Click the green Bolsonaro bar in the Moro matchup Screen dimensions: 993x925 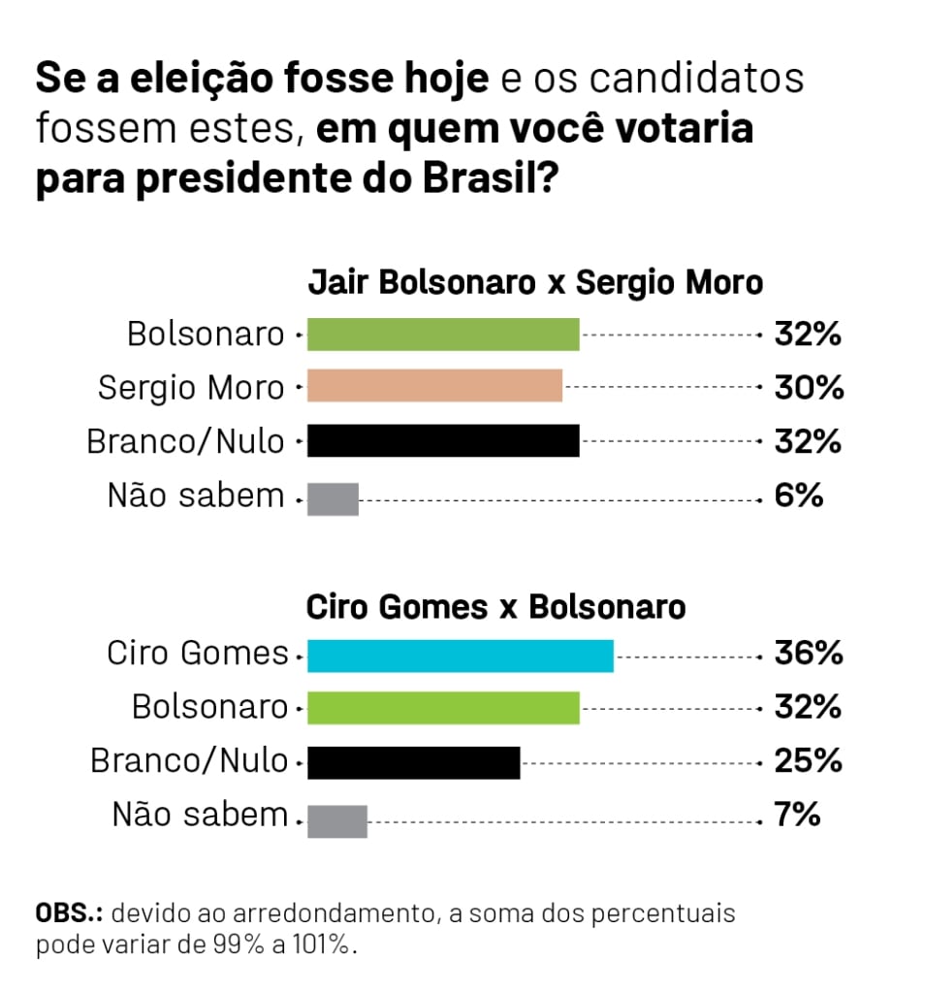443,335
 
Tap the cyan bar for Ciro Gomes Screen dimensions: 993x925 461,656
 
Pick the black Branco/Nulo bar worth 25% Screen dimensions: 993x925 414,762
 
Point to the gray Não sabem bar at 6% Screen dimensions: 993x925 333,498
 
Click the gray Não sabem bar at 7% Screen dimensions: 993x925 337,820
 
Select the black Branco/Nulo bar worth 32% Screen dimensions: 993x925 443,441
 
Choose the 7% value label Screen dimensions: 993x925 798,816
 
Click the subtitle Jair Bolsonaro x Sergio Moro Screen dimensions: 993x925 535,283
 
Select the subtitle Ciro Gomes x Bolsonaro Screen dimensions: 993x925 495,608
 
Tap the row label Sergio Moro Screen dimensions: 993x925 191,389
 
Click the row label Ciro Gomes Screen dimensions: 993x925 198,654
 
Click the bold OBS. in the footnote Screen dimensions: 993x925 70,913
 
